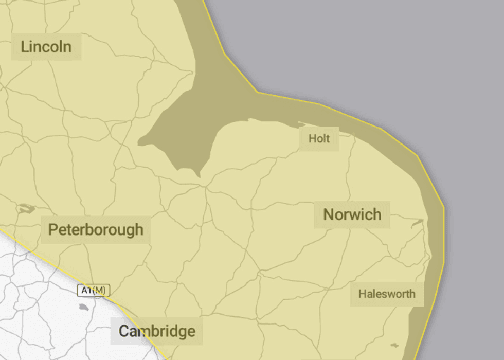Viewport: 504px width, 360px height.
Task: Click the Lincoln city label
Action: (46, 47)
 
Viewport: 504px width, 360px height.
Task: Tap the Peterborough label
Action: (96, 229)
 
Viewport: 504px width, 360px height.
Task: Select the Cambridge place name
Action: (157, 331)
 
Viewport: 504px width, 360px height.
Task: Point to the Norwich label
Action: (352, 214)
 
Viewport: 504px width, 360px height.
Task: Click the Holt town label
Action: (319, 138)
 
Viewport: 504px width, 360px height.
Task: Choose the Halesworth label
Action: (387, 294)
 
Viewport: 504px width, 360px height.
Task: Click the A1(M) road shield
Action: (93, 291)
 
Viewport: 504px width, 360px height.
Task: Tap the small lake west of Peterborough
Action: (25, 209)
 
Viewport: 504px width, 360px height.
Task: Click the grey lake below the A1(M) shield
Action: (83, 307)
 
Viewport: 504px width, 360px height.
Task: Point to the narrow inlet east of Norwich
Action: (418, 222)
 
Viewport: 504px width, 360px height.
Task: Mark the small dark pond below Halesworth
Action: (394, 345)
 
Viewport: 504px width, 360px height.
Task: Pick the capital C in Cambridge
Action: (124, 331)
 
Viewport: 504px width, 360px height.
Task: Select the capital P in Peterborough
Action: (52, 229)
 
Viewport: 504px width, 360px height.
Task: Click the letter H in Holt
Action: (312, 138)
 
